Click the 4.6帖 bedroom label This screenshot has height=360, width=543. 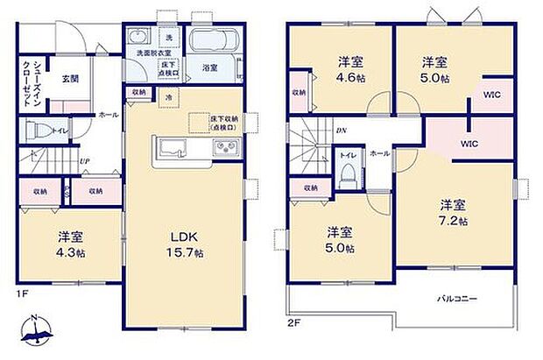[351, 69]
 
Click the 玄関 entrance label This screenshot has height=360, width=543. [70, 78]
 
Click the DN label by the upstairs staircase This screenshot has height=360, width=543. [340, 130]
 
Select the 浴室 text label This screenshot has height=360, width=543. [210, 68]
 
